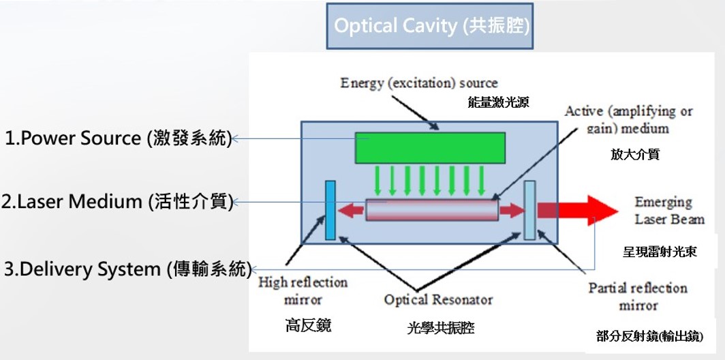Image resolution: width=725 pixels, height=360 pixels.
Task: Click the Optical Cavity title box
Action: [429, 27]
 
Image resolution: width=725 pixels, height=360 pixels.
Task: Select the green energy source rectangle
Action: [430, 147]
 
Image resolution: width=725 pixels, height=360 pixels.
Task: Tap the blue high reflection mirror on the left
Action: [330, 210]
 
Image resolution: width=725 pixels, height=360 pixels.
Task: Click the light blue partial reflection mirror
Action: [529, 210]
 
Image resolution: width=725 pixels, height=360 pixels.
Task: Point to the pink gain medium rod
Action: [431, 209]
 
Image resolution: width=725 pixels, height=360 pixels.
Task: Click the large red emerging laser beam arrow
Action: [576, 210]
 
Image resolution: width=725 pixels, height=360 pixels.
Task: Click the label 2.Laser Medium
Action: [118, 202]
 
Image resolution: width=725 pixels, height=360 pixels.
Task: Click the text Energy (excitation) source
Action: [419, 83]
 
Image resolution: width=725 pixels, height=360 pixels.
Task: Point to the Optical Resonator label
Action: [438, 299]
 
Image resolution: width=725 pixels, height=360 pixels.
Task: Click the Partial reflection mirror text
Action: [638, 297]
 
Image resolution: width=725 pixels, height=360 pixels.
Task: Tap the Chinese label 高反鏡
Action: [308, 325]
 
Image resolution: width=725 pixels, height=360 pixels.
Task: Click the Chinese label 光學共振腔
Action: [439, 329]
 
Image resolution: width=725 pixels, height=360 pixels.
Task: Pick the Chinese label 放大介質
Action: [634, 155]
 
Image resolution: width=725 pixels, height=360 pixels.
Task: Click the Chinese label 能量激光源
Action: [498, 103]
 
